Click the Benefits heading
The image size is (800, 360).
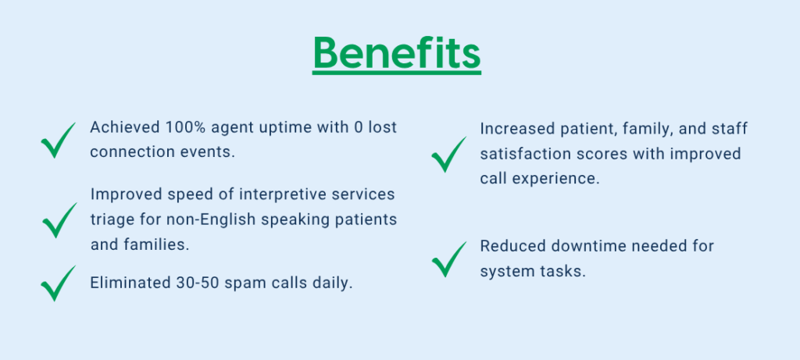pyautogui.click(x=396, y=54)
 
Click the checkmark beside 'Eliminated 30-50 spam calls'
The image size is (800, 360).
pyautogui.click(x=57, y=284)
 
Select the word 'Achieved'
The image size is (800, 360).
pyautogui.click(x=124, y=127)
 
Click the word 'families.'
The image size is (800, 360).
pyautogui.click(x=157, y=244)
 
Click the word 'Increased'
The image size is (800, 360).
pyautogui.click(x=516, y=129)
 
